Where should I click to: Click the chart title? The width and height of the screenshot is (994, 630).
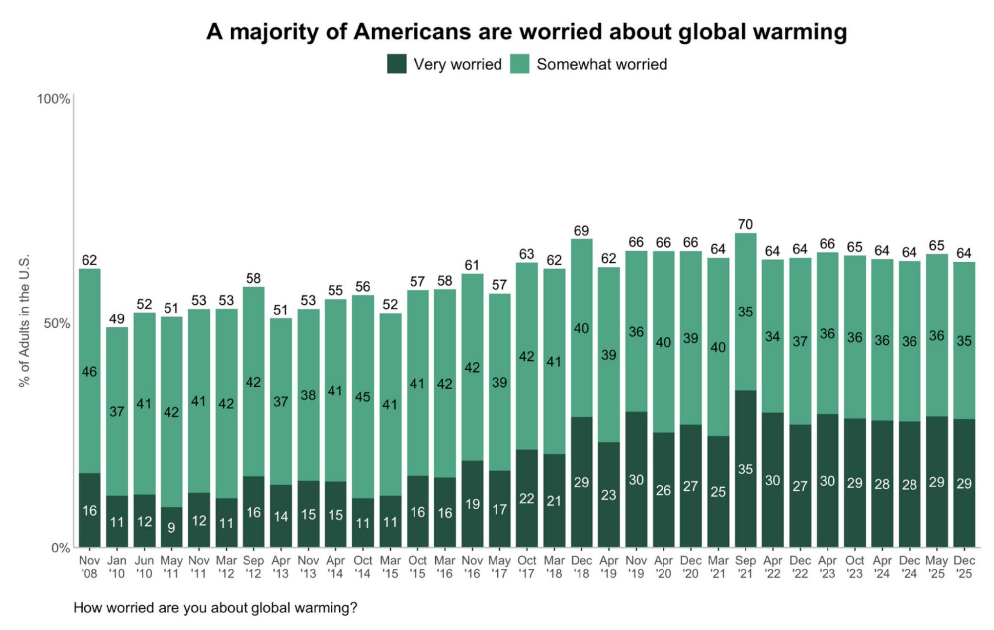[x=526, y=32]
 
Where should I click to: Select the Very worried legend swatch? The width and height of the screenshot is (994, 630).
[x=397, y=64]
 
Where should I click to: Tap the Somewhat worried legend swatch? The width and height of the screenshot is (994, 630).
[x=520, y=64]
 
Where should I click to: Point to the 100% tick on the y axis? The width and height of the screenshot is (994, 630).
[x=53, y=99]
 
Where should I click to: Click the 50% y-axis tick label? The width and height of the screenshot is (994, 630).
[x=56, y=323]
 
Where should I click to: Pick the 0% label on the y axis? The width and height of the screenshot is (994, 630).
[x=60, y=548]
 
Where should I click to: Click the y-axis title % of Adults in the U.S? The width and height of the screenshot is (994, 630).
[x=24, y=320]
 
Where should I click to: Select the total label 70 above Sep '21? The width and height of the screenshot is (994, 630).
[x=745, y=224]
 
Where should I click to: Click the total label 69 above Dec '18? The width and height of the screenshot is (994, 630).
[x=581, y=231]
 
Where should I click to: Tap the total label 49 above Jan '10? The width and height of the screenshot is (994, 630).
[x=117, y=318]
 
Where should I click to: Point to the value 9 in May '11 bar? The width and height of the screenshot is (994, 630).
[x=171, y=527]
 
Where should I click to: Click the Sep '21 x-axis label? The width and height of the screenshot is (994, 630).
[x=745, y=567]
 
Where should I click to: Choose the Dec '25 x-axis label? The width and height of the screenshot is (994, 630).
[x=964, y=567]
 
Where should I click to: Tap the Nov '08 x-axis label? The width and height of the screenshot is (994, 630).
[x=89, y=567]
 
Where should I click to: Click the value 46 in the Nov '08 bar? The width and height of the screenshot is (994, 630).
[x=89, y=372]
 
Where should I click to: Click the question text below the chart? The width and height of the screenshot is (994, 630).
[x=215, y=608]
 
